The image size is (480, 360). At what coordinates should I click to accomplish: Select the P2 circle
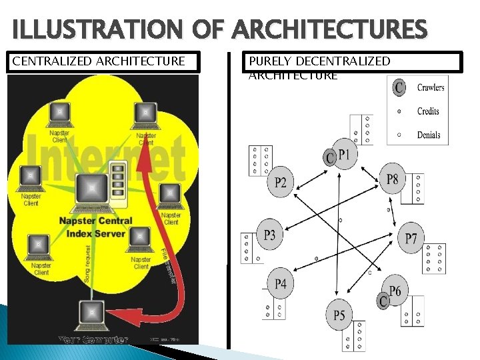[x=280, y=182]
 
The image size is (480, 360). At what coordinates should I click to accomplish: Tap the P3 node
[x=269, y=234]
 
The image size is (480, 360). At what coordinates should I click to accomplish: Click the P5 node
[x=339, y=315]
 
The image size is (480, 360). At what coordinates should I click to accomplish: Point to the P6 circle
[x=395, y=291]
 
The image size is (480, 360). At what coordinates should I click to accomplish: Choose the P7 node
[x=411, y=238]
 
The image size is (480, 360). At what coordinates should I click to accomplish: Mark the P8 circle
[x=393, y=178]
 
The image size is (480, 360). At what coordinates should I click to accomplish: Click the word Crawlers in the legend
[x=431, y=87]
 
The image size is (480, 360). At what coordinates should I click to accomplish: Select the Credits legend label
[x=428, y=111]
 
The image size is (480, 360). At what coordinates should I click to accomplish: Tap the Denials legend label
[x=429, y=135]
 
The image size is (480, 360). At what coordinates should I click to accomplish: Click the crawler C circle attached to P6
[x=383, y=302]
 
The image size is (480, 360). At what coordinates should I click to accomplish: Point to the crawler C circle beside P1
[x=329, y=157]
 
